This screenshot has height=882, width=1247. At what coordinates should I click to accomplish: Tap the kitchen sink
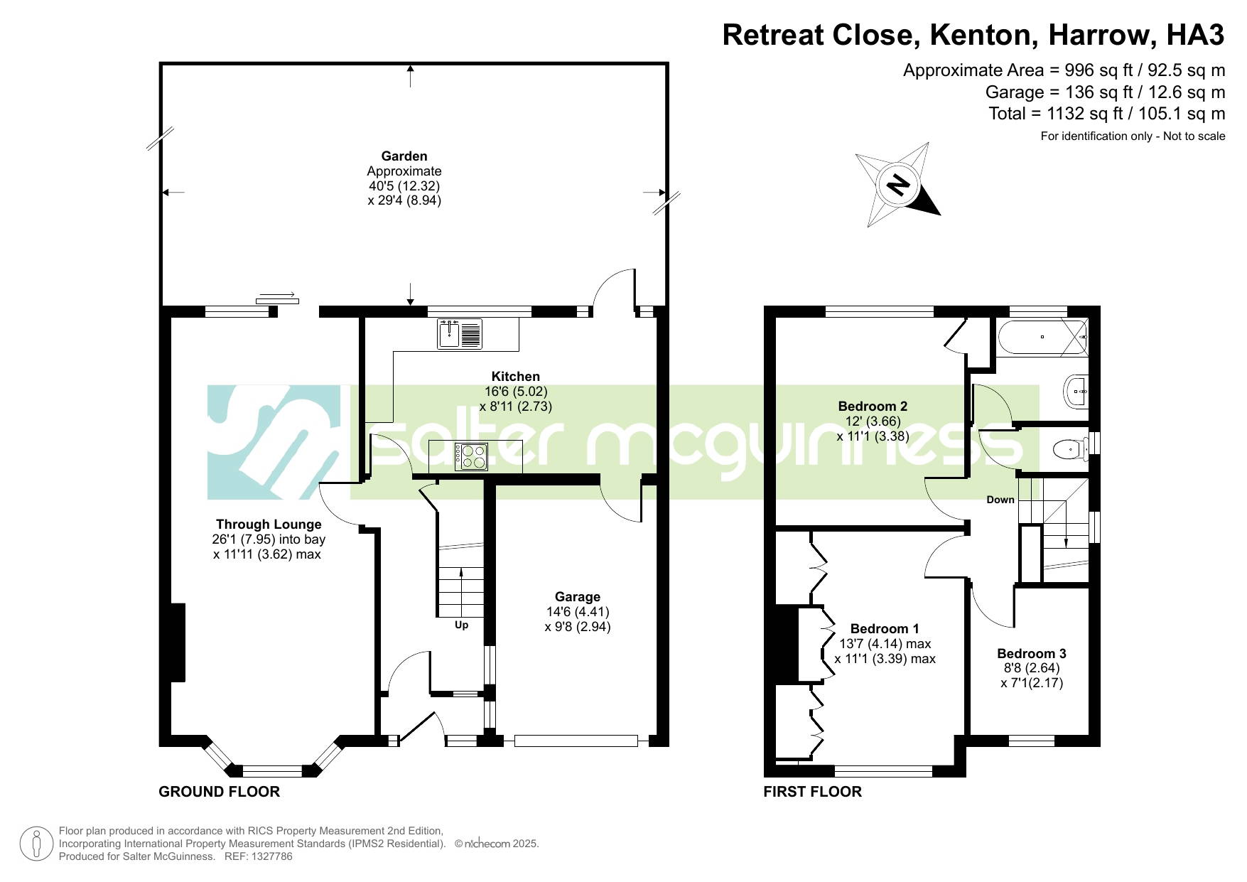[460, 334]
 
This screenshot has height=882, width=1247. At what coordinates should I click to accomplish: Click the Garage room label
[578, 597]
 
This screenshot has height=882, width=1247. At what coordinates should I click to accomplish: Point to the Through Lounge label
[269, 525]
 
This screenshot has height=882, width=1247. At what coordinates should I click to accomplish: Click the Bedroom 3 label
[1032, 653]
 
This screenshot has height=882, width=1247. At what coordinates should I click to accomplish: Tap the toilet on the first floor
[1069, 448]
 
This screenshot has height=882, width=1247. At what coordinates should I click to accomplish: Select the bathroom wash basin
[1076, 391]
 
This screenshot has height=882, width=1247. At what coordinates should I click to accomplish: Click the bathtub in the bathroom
[1042, 338]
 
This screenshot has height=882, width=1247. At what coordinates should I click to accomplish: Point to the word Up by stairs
[462, 625]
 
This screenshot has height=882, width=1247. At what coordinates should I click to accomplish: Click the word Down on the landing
[1000, 500]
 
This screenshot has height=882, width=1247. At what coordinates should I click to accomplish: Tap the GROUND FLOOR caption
[220, 792]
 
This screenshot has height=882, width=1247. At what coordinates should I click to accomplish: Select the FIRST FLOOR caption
[813, 792]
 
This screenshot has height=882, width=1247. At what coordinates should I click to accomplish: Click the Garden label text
[404, 156]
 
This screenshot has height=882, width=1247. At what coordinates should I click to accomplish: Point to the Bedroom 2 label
[873, 407]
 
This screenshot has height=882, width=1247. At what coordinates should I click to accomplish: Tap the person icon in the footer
[36, 844]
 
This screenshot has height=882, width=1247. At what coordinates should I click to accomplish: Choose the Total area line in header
[1107, 114]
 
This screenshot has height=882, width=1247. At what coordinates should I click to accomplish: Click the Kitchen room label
[516, 377]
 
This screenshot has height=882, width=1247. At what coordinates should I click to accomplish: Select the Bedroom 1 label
[885, 629]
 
